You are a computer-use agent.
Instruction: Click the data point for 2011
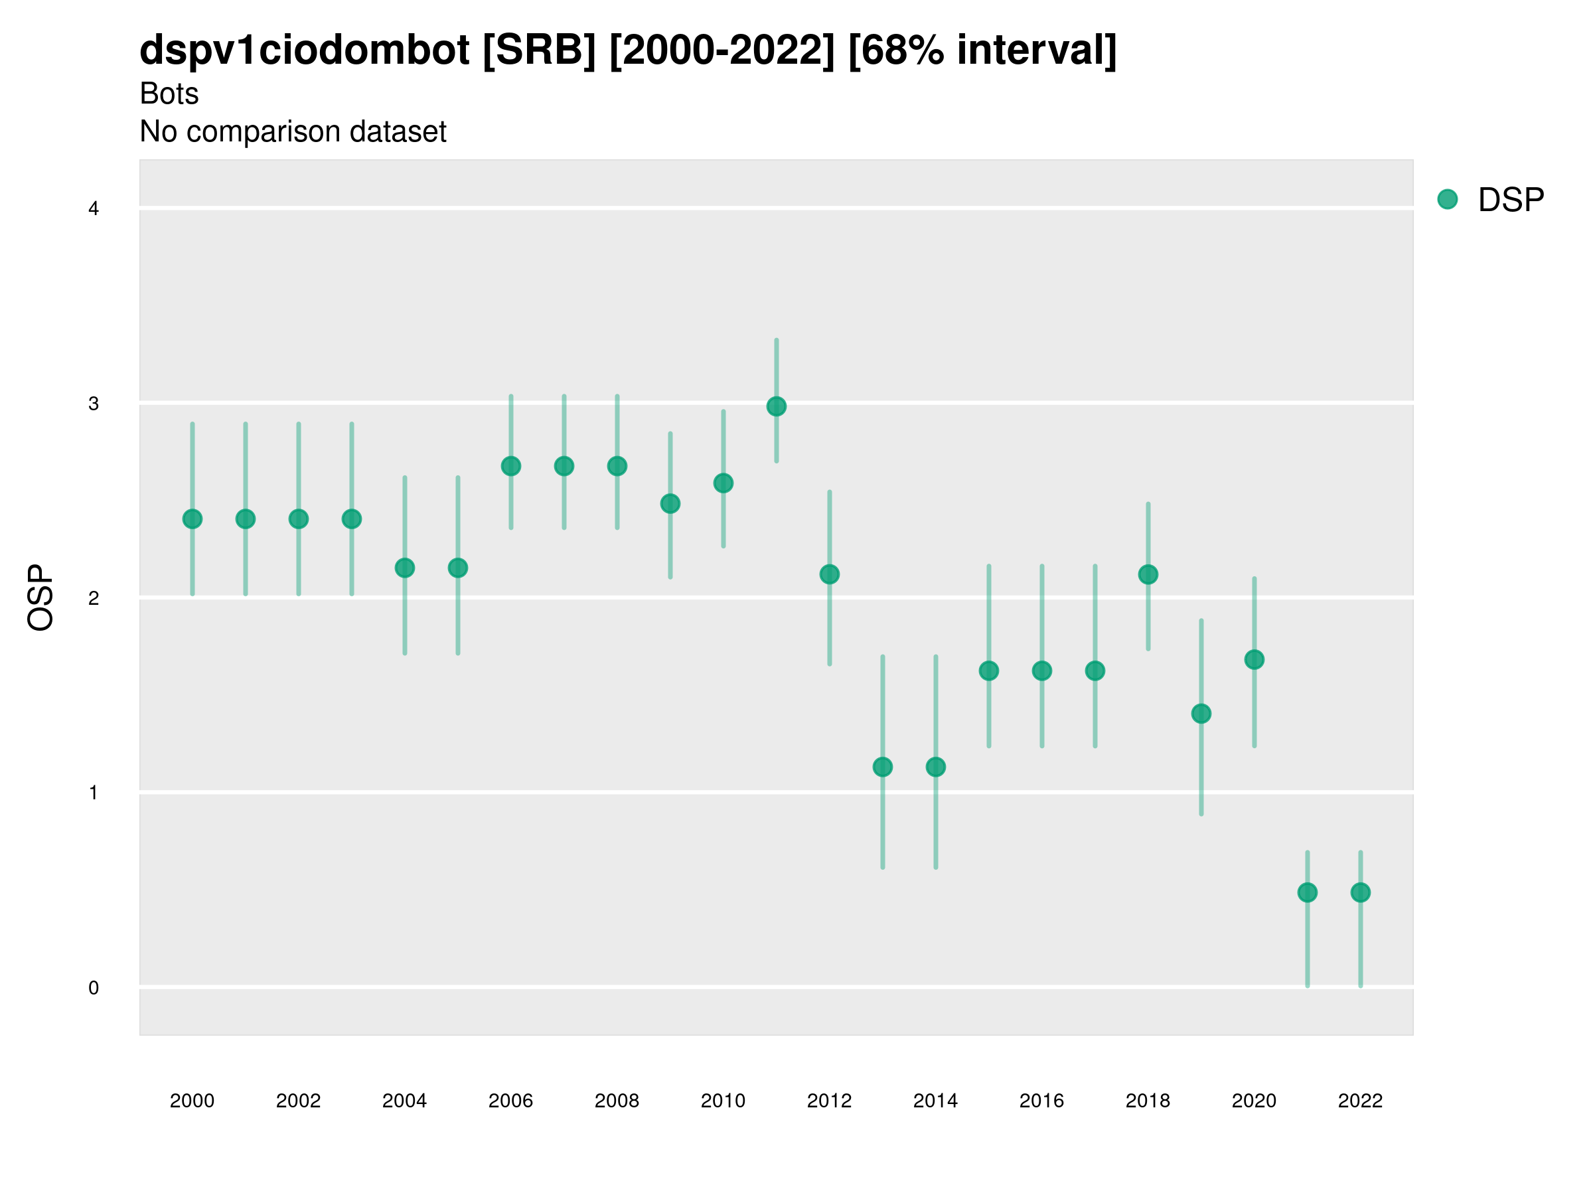(x=777, y=407)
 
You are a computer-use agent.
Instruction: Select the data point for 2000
(x=192, y=519)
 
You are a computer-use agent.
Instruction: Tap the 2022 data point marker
(x=1361, y=893)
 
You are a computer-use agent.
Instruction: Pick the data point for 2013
(x=883, y=768)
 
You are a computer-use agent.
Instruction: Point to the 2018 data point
(x=1148, y=575)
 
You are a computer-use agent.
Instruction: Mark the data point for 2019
(x=1201, y=714)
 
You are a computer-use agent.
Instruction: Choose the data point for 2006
(x=511, y=467)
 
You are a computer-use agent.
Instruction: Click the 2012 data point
(x=830, y=575)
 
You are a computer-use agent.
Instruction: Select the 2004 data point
(x=405, y=568)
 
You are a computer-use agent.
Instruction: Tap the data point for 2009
(x=670, y=504)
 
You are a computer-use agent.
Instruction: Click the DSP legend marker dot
(x=1448, y=200)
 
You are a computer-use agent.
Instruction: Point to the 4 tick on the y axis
(x=94, y=210)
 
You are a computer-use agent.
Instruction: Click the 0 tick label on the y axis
(x=94, y=989)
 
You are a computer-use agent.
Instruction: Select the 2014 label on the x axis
(x=935, y=1101)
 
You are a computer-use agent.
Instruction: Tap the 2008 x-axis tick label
(x=617, y=1101)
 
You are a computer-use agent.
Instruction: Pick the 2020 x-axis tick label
(x=1254, y=1101)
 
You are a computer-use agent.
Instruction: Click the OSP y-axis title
(x=40, y=598)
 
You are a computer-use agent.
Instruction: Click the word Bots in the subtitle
(x=169, y=94)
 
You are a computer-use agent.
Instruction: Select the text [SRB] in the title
(x=540, y=50)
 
